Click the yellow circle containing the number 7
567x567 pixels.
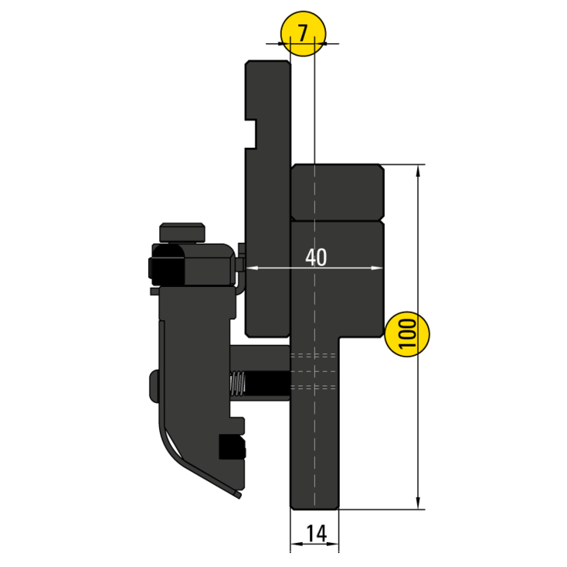point(304,35)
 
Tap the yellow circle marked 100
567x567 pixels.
point(407,335)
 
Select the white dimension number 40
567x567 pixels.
point(315,258)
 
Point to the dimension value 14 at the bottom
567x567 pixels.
point(315,533)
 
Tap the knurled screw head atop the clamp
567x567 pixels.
point(183,231)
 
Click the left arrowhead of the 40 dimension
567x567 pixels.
point(250,268)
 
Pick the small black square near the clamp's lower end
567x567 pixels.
point(232,446)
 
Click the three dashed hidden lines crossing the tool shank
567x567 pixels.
point(314,371)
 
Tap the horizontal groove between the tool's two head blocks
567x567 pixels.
point(338,220)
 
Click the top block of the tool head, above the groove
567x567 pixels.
point(338,191)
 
